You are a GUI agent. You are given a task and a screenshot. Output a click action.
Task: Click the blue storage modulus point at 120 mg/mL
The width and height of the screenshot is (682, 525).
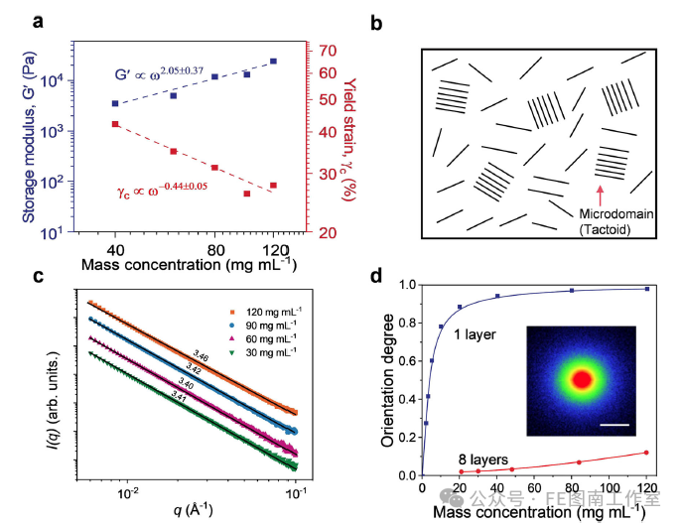pos(273,62)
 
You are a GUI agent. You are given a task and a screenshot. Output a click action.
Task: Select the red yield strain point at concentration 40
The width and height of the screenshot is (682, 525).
pos(115,124)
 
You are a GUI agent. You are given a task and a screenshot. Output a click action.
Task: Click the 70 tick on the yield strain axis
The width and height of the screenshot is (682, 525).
pos(325,50)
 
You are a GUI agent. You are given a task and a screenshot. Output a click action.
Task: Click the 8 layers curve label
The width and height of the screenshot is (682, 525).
pos(484,459)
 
